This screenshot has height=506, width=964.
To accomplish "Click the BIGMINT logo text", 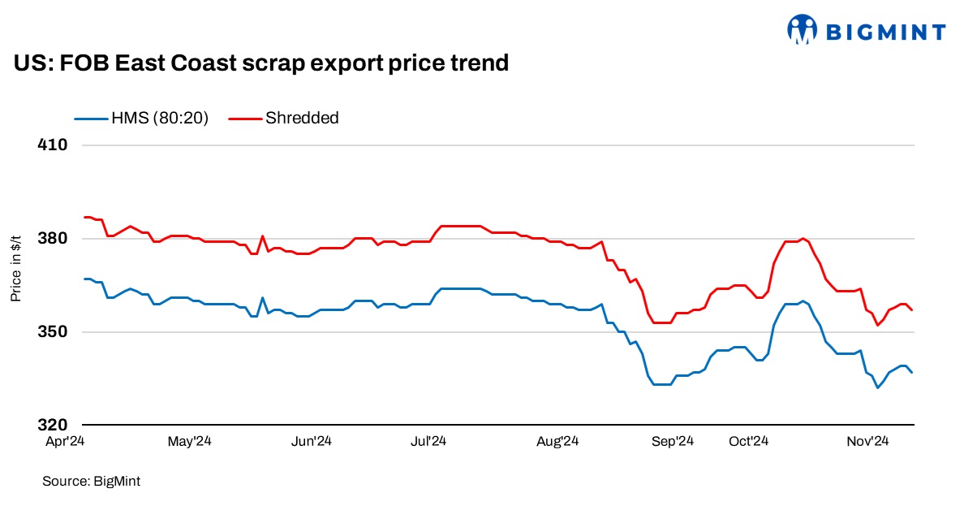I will coord(885,32).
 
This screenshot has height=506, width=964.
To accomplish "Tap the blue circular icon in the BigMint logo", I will coord(803,30).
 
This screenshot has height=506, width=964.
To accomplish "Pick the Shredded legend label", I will coord(302,118).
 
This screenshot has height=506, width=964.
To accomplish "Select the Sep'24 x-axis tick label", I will coord(674,442).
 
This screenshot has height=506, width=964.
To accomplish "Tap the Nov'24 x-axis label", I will coord(869,442).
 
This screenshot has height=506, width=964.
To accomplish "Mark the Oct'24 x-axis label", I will coord(748,442).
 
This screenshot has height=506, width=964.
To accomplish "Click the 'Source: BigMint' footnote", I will coord(91,482).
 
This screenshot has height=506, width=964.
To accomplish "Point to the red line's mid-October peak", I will coord(803,238).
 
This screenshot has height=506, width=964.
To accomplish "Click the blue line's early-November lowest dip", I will coord(877,387).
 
